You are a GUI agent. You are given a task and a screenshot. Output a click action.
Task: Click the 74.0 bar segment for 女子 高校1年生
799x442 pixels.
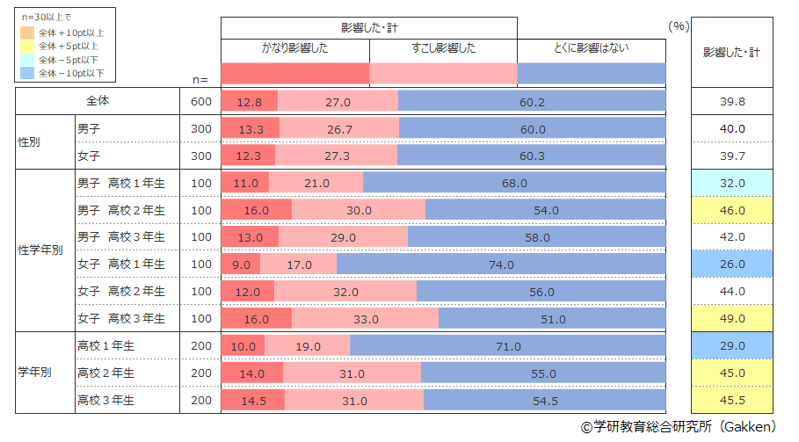tap(501, 264)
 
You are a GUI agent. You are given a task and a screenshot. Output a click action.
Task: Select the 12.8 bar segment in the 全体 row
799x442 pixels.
tap(250, 102)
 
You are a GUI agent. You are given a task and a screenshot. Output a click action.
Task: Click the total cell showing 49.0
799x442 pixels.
tap(732, 318)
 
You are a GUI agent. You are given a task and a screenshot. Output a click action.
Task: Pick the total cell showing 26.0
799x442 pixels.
tap(732, 264)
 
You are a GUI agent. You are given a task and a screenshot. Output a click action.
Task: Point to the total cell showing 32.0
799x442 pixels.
tap(732, 183)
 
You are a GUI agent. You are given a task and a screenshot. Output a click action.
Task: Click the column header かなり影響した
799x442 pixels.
tap(294, 48)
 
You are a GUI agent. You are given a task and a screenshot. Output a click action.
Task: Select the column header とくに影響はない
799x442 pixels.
tap(592, 48)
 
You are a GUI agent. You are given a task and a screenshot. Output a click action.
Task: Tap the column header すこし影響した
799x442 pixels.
tap(443, 48)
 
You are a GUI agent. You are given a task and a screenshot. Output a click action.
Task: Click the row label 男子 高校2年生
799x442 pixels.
tap(127, 210)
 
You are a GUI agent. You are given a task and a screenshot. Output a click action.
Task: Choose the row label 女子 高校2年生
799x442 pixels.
tap(127, 291)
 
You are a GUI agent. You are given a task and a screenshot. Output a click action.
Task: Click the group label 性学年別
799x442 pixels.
tap(40, 250)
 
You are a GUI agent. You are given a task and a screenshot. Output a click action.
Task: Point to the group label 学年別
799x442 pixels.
tap(35, 373)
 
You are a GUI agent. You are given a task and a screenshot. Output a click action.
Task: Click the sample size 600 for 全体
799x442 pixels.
tap(201, 102)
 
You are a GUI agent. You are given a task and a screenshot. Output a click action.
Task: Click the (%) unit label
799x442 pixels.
tap(678, 25)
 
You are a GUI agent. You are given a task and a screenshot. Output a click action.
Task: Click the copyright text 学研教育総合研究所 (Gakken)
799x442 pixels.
tap(678, 427)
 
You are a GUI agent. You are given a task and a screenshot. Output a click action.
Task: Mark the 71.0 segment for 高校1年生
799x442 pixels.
tap(508, 346)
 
